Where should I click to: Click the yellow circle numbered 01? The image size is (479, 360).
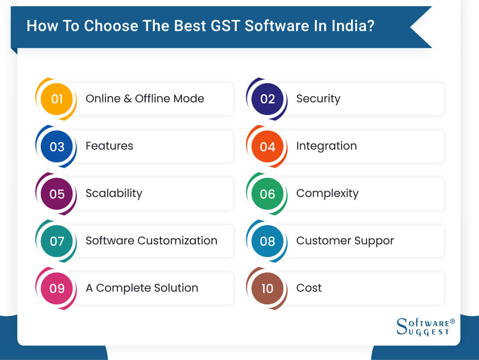[x=56, y=99]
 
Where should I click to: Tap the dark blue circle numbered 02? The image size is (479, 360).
[x=267, y=99]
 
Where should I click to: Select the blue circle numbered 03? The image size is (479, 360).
[x=56, y=146]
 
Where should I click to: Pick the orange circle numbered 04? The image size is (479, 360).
[x=267, y=146]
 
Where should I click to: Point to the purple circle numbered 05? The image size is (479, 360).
[x=56, y=194]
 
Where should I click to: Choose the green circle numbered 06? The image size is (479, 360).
[x=267, y=194]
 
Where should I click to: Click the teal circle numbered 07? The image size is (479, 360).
[x=56, y=241]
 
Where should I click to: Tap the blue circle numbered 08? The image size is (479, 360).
[x=267, y=241]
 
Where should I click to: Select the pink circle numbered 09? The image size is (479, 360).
[x=56, y=288]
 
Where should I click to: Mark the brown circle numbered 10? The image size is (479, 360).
[x=267, y=288]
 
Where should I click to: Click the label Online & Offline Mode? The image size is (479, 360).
[x=145, y=99]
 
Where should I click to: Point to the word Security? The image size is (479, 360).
[x=318, y=99]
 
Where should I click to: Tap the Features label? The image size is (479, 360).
[x=109, y=146]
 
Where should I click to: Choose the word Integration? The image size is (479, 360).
[x=326, y=146]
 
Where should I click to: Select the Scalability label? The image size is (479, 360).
[x=114, y=194]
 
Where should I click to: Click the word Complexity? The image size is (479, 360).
[x=327, y=194]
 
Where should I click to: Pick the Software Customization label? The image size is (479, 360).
[x=151, y=241]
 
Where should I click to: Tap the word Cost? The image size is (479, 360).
[x=309, y=288]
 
